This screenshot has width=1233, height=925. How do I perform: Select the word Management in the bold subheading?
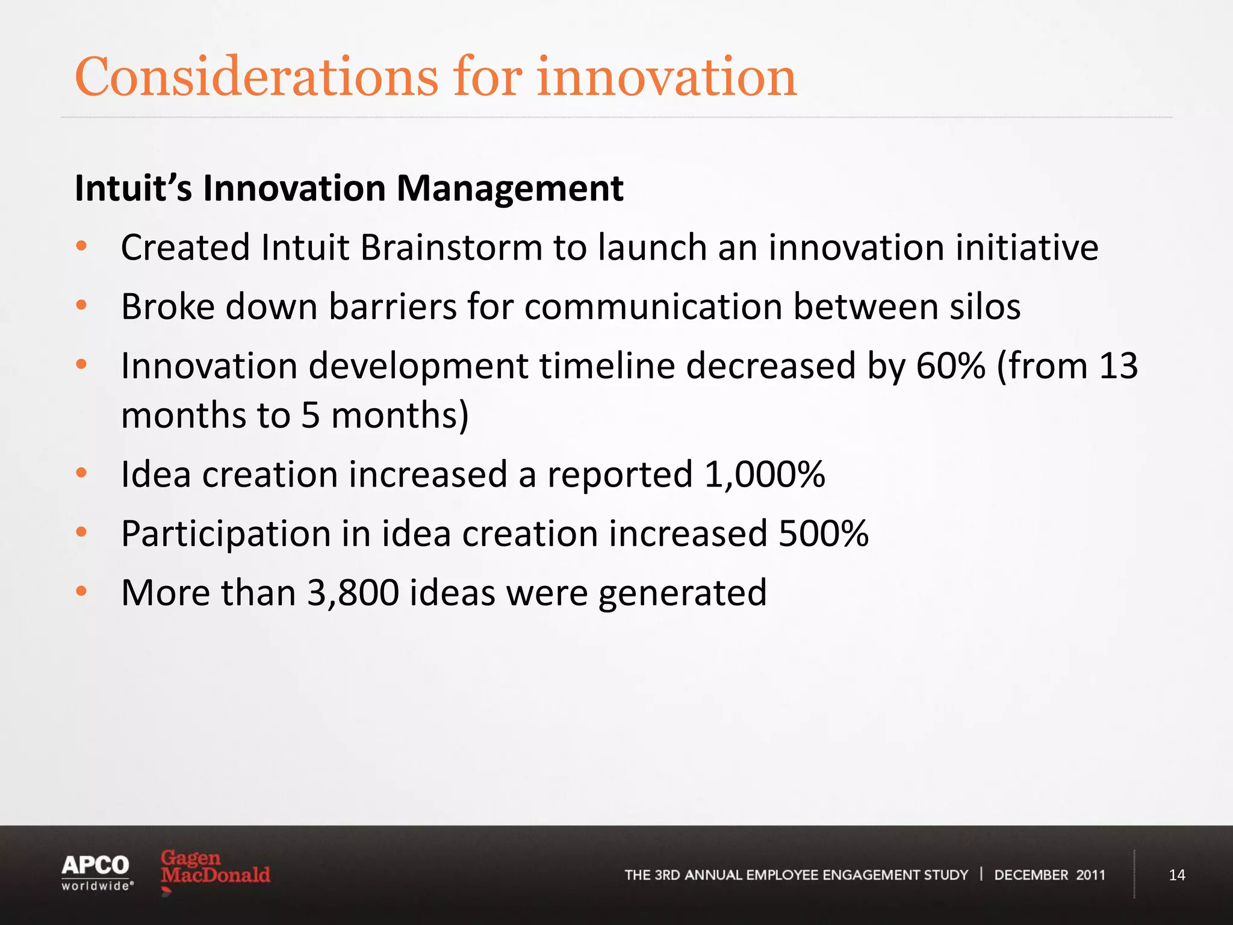tap(509, 188)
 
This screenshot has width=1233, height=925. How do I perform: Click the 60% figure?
tap(951, 366)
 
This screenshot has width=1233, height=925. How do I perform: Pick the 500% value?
tap(823, 534)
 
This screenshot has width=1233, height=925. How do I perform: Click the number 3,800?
tap(353, 593)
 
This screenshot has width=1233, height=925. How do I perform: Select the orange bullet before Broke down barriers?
tap(82, 305)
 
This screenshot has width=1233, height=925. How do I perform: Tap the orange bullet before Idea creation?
tap(82, 473)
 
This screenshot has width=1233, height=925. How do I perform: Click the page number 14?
tap(1176, 875)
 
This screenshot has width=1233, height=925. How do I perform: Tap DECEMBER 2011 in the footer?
tap(1049, 875)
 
